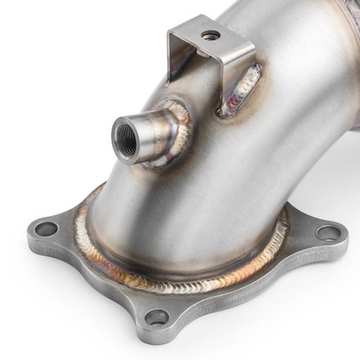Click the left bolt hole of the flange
[46, 229]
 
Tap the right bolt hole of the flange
[327, 233]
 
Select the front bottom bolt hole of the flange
[157, 318]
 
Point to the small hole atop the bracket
[212, 35]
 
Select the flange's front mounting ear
[160, 312]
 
